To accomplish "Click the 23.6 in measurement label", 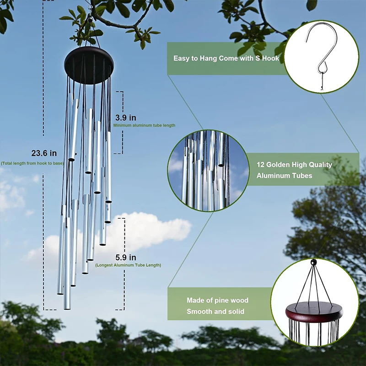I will tap(44, 153).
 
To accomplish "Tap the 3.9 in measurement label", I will tap(125, 118).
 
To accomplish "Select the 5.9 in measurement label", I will tap(125, 257).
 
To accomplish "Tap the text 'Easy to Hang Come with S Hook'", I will tap(226, 59).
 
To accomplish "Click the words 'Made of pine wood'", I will tap(217, 301).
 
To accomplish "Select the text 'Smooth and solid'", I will tap(215, 312).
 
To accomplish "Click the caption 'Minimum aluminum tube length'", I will tap(144, 125).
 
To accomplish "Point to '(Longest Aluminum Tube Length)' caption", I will tap(128, 265).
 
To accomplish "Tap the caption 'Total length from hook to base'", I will tap(32, 163).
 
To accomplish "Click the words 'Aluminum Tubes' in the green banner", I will tap(284, 176).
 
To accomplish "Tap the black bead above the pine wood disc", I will tap(313, 263).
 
